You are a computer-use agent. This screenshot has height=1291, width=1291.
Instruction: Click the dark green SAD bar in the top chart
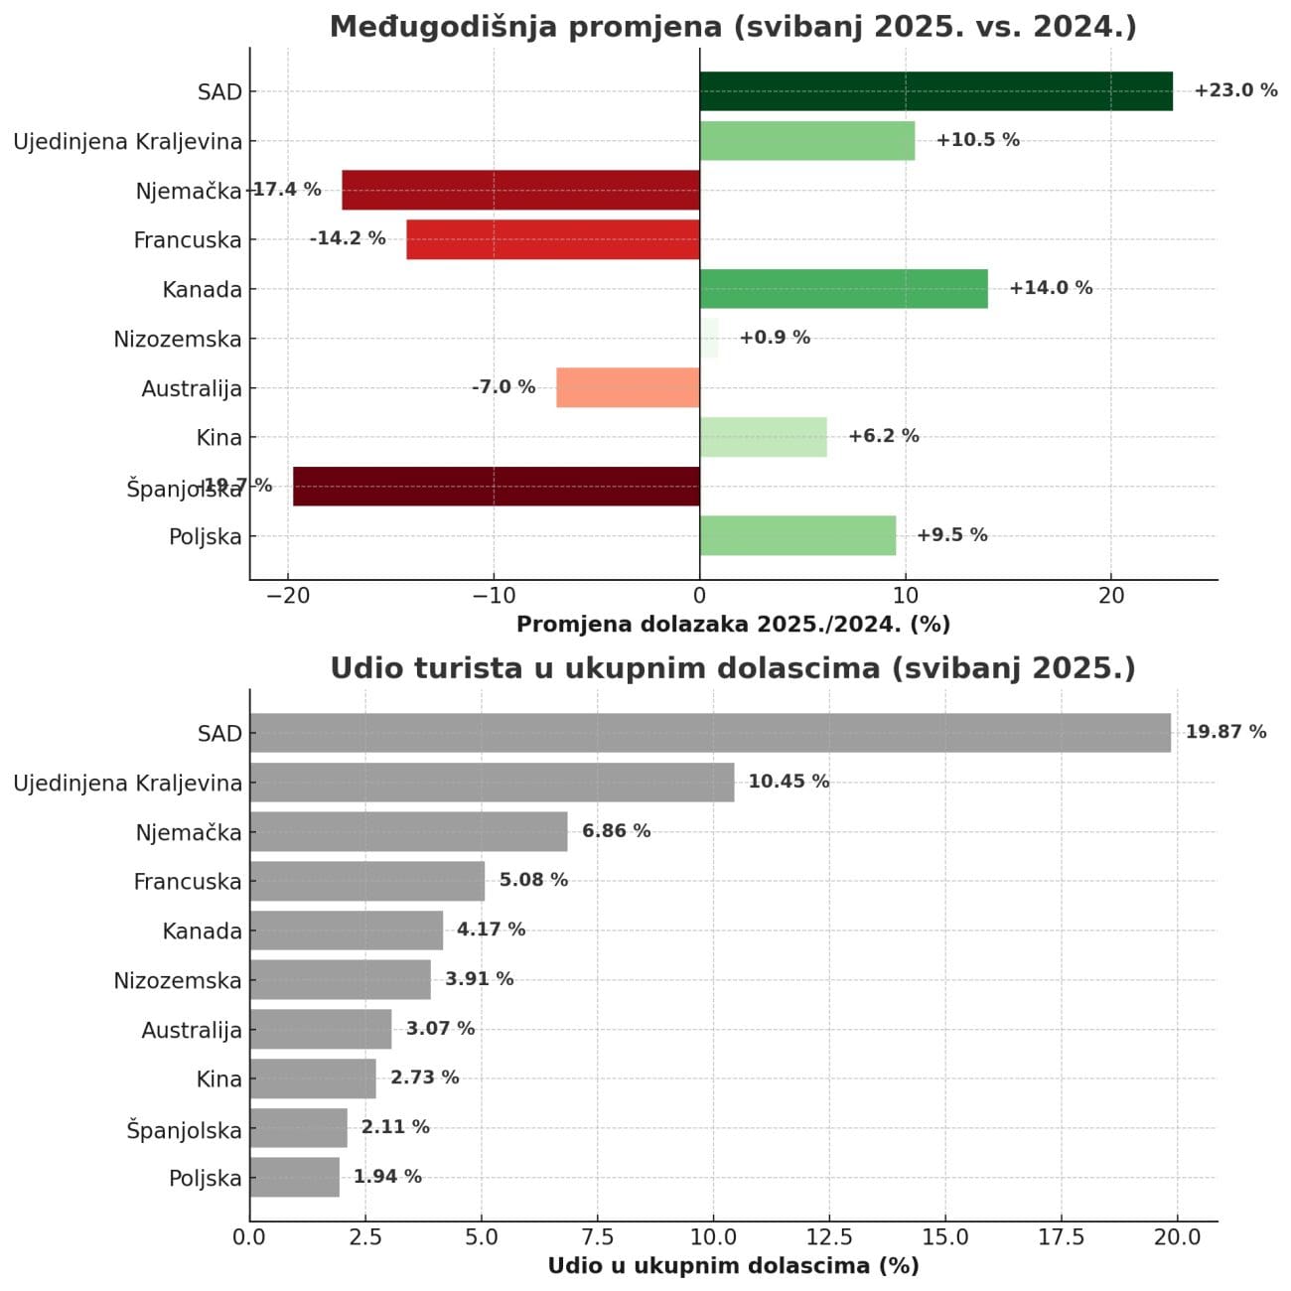935,91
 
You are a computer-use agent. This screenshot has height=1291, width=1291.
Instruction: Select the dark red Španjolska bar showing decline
496,487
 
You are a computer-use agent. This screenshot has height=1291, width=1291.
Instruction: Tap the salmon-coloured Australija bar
628,387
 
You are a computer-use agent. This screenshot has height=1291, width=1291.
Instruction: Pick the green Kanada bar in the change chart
843,289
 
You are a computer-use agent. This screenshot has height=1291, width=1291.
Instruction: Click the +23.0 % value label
1235,90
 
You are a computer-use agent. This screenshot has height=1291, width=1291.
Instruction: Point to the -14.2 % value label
348,238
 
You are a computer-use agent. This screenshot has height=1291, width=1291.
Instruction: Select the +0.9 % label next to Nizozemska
775,338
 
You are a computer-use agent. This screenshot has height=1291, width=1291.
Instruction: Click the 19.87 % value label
1225,732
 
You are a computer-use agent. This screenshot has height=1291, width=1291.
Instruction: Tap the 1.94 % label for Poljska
387,1177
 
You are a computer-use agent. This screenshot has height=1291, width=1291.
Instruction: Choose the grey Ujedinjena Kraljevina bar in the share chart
492,783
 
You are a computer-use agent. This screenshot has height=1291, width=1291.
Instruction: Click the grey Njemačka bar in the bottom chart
408,831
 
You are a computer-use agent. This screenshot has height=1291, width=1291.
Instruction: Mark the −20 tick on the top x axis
287,596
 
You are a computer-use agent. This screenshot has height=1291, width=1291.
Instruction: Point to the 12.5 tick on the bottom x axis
829,1237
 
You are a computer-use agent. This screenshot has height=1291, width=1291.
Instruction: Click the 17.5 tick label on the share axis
1061,1237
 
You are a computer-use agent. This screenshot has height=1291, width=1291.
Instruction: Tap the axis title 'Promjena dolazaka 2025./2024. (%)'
733,625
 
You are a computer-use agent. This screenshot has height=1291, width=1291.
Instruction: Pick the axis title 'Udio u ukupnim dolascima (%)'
733,1266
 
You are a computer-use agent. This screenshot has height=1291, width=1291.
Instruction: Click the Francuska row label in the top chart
188,240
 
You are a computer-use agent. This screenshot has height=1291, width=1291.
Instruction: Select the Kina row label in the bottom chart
219,1079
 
